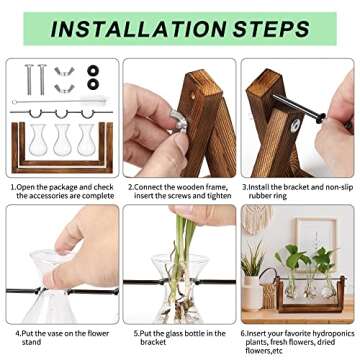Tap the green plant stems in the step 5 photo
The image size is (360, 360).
(x=184, y=240)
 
